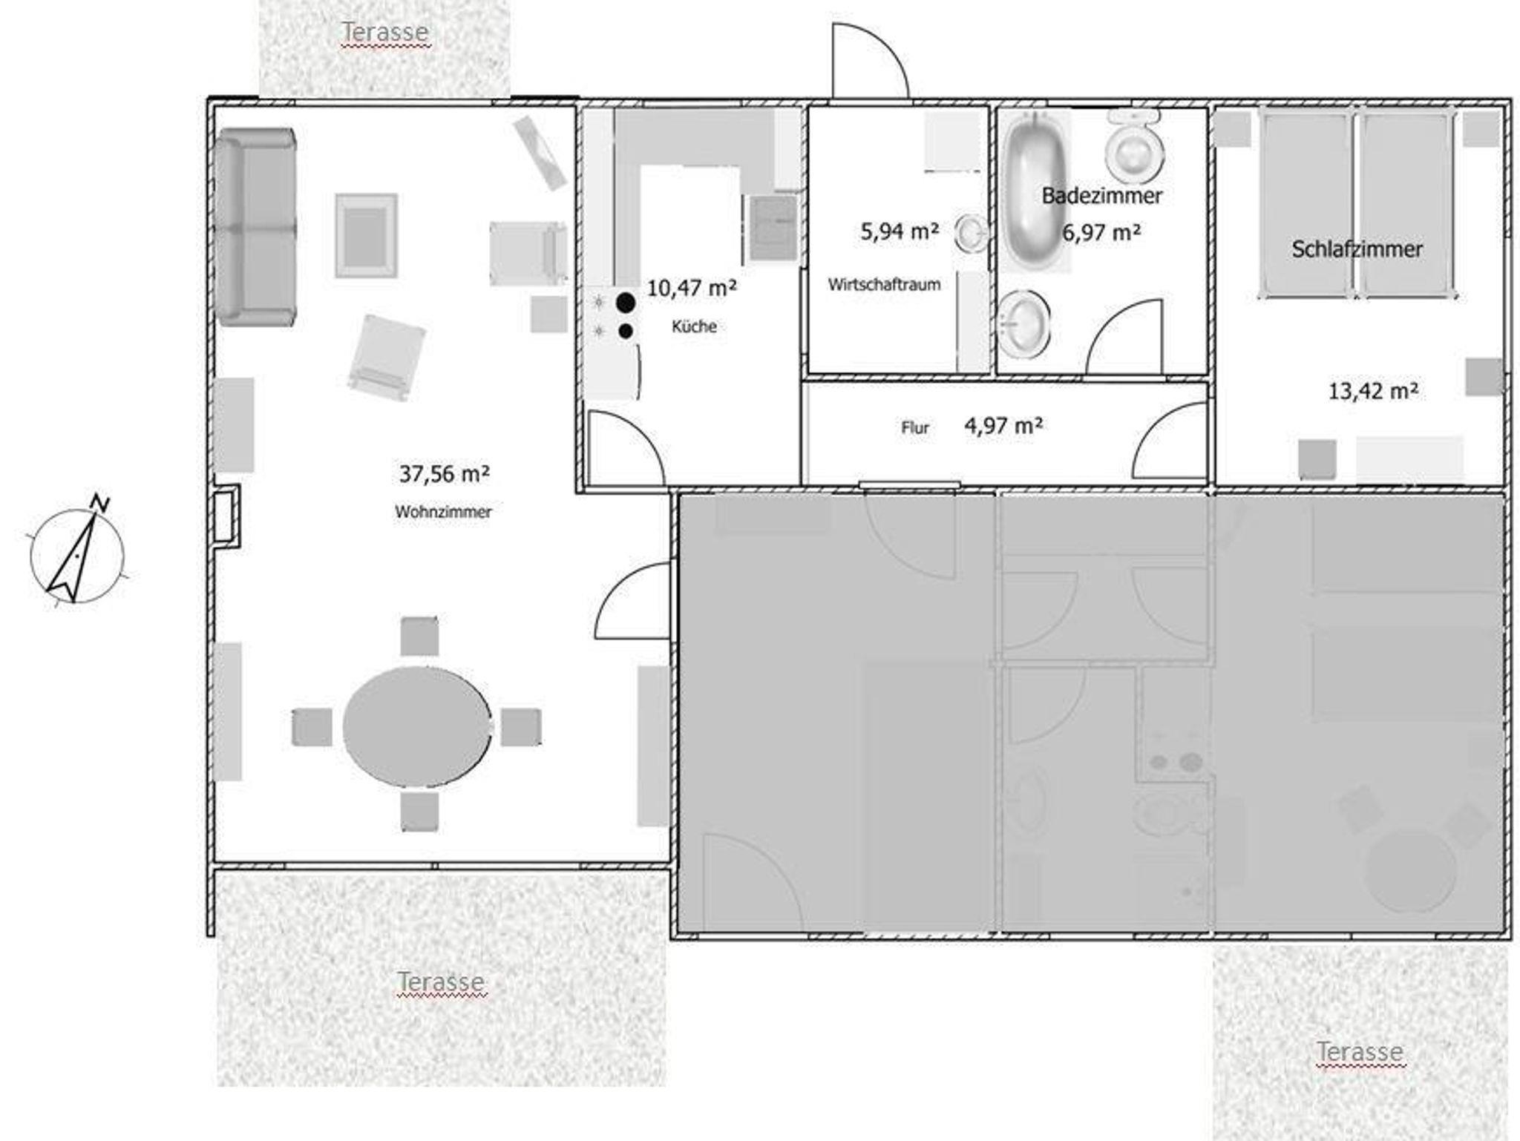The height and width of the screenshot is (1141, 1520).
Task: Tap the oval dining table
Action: coord(416,726)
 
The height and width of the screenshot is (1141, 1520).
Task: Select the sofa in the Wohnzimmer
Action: coord(256,227)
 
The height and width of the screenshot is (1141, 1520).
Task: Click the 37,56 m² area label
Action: coord(444,473)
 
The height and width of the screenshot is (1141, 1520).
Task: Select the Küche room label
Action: coord(694,326)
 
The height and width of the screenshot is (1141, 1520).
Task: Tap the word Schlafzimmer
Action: coord(1357,249)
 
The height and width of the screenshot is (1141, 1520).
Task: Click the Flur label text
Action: coord(914,428)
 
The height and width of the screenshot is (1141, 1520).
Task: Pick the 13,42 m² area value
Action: coord(1373,391)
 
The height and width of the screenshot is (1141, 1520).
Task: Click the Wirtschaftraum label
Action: coord(884,284)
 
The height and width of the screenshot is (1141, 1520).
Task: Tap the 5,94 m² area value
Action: coord(900,231)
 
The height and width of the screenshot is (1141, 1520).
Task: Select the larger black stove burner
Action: coord(626,302)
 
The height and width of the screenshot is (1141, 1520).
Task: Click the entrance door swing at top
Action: coord(870,60)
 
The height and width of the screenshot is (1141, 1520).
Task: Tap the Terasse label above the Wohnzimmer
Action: coord(384,32)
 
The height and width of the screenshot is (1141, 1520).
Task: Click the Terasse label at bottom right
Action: coord(1360,1051)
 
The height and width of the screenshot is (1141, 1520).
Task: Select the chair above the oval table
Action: coord(419,637)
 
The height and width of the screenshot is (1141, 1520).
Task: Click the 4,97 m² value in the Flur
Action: coord(1003,426)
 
